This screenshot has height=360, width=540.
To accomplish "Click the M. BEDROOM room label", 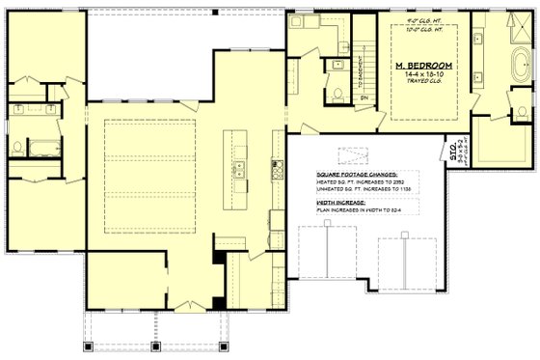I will pyautogui.click(x=424, y=64).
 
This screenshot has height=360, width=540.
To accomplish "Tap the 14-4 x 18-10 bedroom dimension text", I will pyautogui.click(x=424, y=73).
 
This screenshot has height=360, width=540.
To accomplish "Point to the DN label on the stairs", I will pyautogui.click(x=365, y=97).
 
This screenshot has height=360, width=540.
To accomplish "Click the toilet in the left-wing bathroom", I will pyautogui.click(x=17, y=147).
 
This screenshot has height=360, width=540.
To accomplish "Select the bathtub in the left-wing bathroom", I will pyautogui.click(x=42, y=149).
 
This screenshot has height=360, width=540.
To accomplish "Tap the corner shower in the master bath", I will pyautogui.click(x=509, y=145).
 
